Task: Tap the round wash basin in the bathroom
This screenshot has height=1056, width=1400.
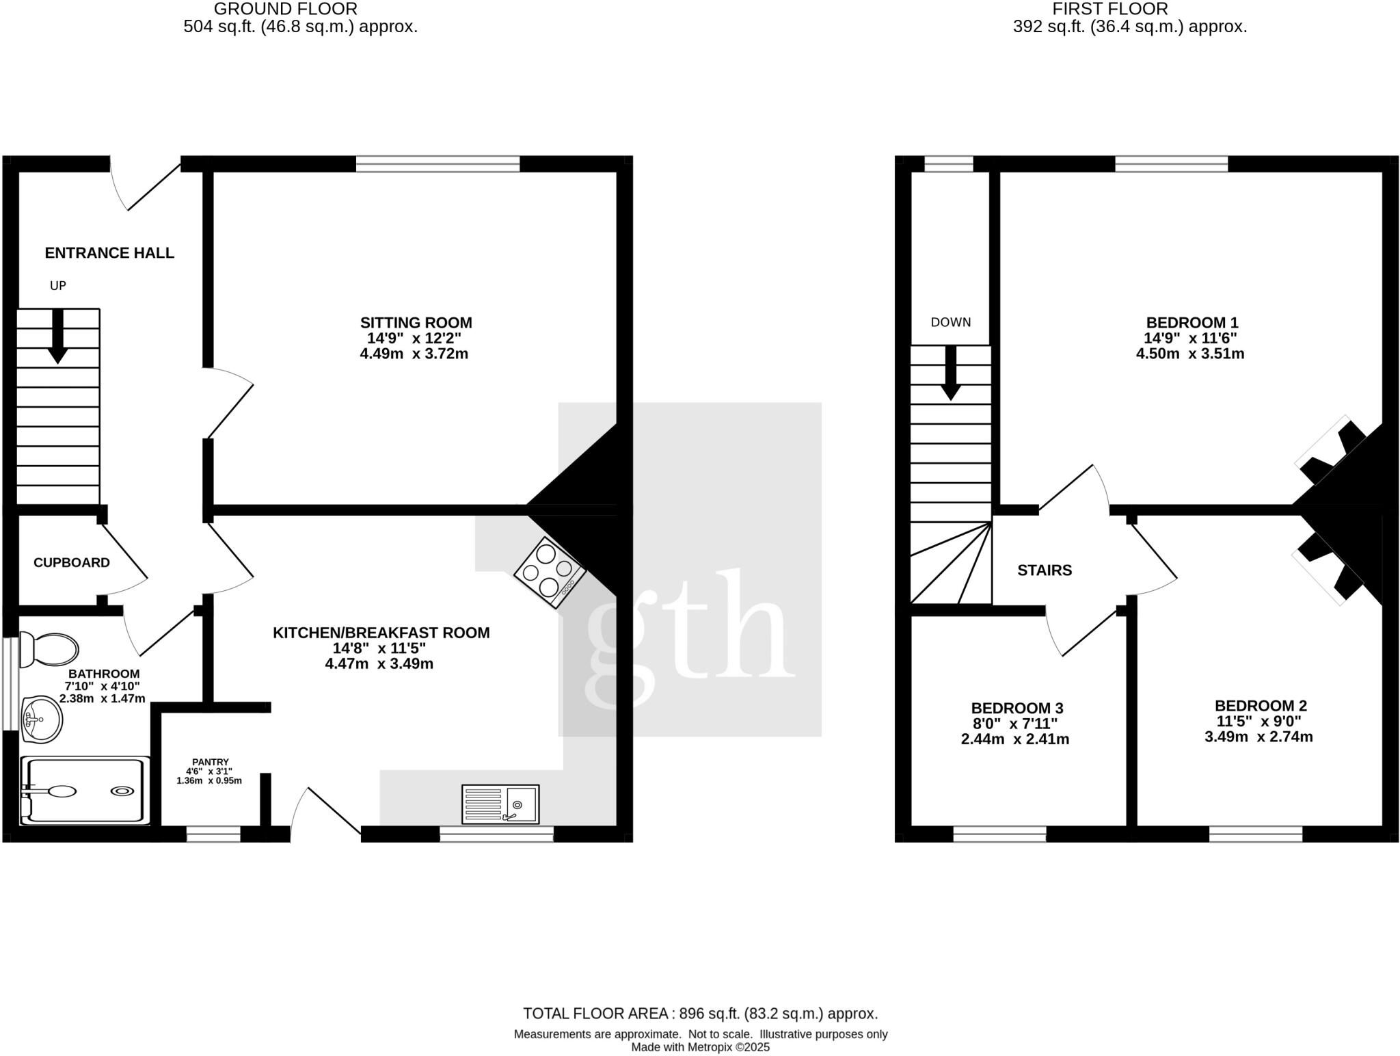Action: pos(41,719)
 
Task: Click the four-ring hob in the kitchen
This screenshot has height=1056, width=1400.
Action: pos(550,572)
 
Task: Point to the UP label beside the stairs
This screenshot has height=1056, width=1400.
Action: pos(58,286)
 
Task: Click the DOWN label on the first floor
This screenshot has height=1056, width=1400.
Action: pos(950,322)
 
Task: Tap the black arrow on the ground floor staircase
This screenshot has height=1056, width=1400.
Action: pos(58,336)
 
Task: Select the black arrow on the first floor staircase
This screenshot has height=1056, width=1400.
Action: pos(950,373)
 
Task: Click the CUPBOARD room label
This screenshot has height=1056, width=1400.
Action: pos(72,562)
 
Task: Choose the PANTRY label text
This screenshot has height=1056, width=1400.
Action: pos(210,762)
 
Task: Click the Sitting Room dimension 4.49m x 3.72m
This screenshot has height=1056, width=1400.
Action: pos(414,354)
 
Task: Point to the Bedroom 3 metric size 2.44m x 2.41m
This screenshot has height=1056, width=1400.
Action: pos(1015,739)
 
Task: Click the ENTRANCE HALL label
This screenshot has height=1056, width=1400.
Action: pos(109,253)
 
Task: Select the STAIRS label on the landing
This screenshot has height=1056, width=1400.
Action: pos(1045,570)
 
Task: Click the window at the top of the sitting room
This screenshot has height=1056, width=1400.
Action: pos(437,163)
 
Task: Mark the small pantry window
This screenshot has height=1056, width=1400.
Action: pos(213,834)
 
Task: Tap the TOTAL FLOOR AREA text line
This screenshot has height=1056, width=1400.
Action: pos(700,1014)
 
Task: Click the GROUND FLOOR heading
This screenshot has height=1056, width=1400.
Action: pos(285,9)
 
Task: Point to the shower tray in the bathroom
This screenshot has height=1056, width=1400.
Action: pos(85,791)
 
